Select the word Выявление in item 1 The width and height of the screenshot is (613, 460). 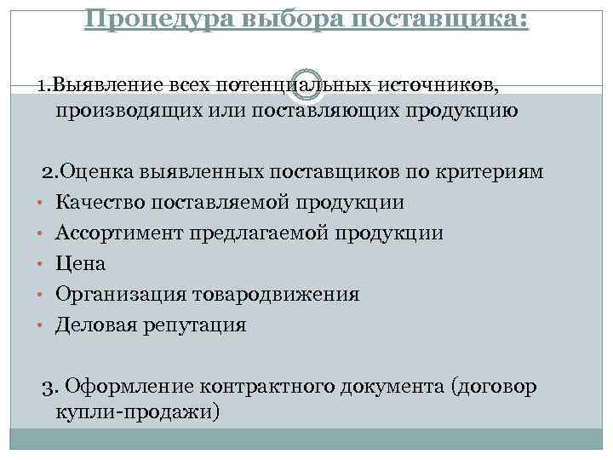click(x=105, y=85)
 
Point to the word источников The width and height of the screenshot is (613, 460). click(x=448, y=85)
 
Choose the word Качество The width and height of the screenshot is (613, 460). click(x=100, y=203)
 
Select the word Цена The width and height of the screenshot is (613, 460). click(x=81, y=264)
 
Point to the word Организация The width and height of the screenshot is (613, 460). click(x=121, y=295)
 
